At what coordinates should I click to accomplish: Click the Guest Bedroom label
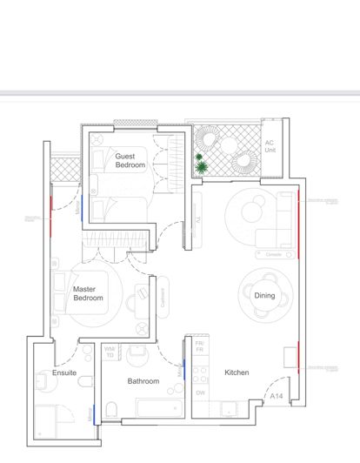(130, 161)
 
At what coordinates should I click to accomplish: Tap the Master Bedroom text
(88, 293)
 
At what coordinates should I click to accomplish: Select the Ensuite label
(64, 372)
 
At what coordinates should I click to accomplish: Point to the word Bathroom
(143, 381)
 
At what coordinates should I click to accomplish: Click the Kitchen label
(237, 372)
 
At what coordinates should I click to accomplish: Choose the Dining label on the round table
(264, 296)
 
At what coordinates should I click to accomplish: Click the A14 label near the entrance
(277, 397)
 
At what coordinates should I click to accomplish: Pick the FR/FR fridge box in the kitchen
(198, 346)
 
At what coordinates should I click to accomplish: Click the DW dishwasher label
(199, 393)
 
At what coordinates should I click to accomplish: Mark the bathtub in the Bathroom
(160, 408)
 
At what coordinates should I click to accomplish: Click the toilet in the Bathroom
(111, 410)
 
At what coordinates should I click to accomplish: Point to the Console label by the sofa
(273, 254)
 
